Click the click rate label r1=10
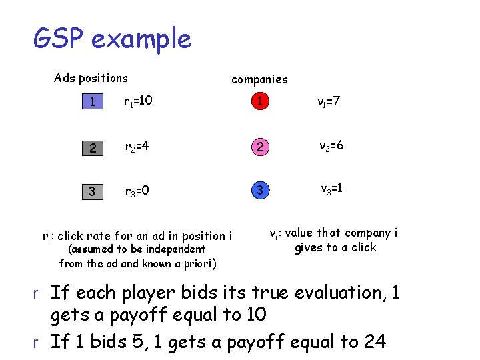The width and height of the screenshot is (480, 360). (x=139, y=101)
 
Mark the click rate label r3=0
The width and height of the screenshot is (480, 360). (x=138, y=192)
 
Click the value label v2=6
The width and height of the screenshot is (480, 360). (x=331, y=146)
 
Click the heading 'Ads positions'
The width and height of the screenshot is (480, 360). (x=91, y=78)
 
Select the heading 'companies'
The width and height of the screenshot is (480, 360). (x=259, y=79)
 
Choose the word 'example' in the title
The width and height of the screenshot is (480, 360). (x=141, y=39)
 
